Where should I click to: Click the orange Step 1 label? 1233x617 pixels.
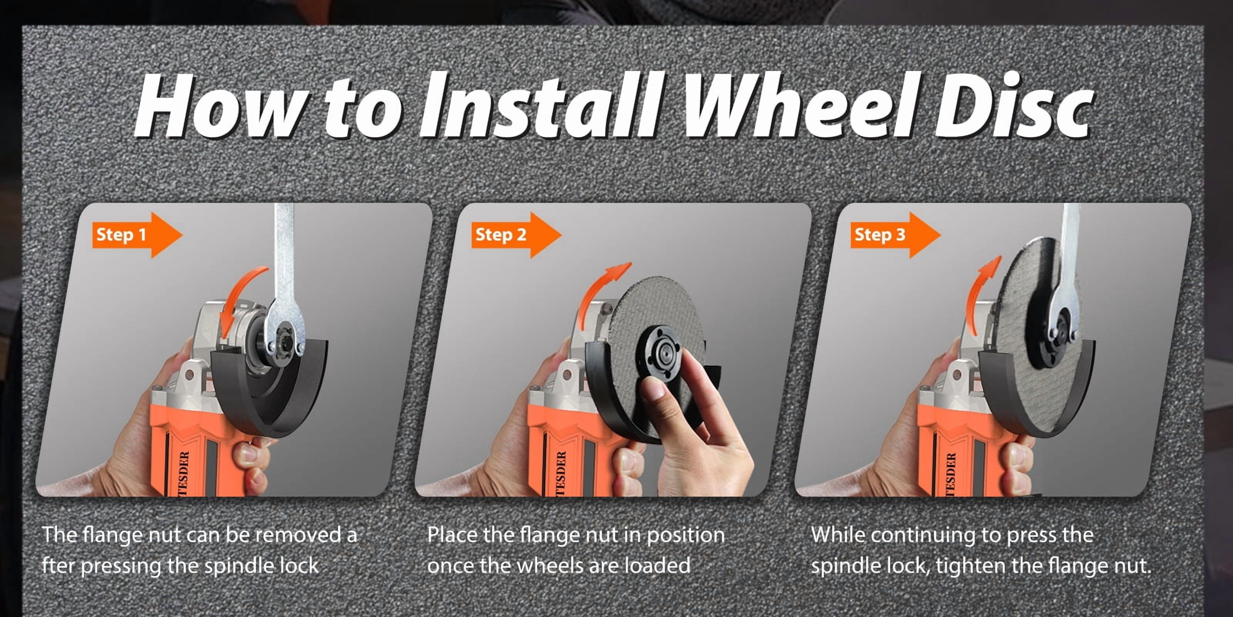137,235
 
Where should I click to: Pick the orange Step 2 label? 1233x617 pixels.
516,235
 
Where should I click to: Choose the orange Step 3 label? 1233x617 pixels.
895,235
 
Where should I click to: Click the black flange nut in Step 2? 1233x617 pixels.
664,354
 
